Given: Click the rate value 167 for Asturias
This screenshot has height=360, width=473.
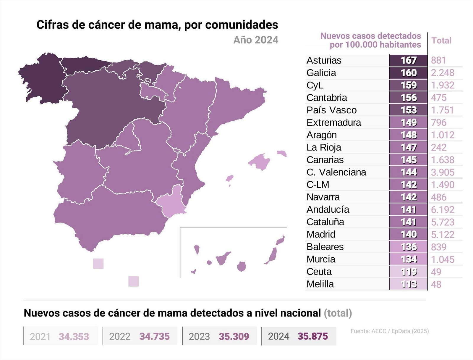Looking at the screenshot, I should (x=409, y=60).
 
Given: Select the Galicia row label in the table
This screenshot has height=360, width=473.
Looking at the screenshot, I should (x=321, y=73).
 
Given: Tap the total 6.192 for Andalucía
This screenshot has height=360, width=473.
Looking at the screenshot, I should (x=443, y=209).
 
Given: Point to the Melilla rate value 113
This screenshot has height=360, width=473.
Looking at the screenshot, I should (x=409, y=284).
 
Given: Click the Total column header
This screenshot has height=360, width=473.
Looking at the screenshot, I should (x=441, y=41).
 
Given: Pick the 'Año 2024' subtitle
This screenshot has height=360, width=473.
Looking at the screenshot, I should (x=256, y=40).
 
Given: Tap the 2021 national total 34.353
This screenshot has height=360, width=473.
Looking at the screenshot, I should (x=74, y=336).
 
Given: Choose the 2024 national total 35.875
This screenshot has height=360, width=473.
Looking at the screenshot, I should (x=312, y=336).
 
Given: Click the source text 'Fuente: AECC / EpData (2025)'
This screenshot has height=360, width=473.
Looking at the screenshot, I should (x=390, y=331).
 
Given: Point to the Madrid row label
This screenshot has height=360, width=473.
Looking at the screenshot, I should (x=321, y=234).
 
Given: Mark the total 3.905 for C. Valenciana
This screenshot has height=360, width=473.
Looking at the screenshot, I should (x=443, y=172).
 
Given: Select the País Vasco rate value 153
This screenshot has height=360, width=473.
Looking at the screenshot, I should (x=409, y=110).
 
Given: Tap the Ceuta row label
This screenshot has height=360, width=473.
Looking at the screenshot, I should (x=319, y=272).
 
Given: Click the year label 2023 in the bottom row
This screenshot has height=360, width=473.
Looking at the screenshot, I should (x=199, y=336).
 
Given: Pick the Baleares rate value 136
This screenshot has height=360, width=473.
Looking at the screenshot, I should (x=409, y=247).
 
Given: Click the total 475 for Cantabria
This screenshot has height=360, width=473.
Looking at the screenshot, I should (x=439, y=98).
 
